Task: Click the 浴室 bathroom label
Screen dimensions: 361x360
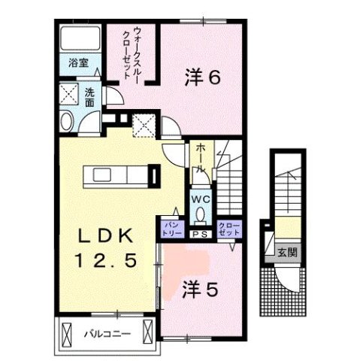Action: click(78, 63)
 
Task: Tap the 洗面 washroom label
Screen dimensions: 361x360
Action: click(89, 96)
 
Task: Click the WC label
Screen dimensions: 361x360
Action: click(199, 199)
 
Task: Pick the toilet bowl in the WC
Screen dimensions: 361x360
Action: click(199, 214)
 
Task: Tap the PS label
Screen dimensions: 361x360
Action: click(199, 234)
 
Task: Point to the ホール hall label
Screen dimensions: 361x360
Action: click(199, 159)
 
